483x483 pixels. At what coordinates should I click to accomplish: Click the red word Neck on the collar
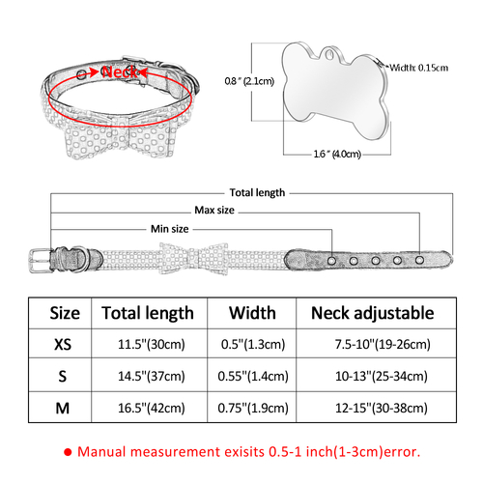coord(120,71)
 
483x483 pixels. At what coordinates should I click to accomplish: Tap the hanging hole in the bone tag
coord(328,54)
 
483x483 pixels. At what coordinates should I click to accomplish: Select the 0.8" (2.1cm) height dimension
coord(249,81)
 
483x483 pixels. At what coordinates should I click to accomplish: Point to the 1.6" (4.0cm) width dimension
coord(337,154)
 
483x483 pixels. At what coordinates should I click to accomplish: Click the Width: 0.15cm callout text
coord(419,68)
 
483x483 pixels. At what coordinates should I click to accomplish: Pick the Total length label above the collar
coord(257,193)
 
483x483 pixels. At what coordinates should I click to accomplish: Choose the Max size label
coord(214,211)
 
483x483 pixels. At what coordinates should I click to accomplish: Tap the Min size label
coord(170,229)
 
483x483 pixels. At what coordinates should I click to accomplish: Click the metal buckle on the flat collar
coord(41,261)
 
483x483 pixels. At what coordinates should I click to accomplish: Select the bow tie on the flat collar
coord(194,259)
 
